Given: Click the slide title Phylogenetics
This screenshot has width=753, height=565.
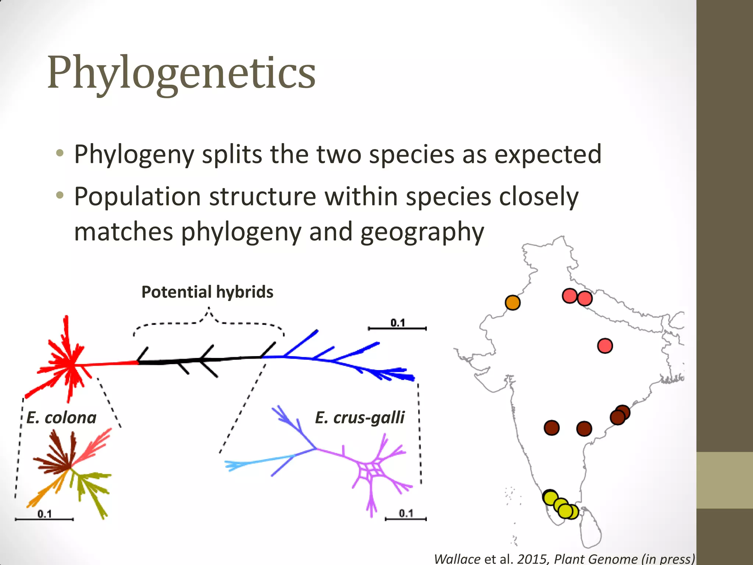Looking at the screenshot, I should point(181,72).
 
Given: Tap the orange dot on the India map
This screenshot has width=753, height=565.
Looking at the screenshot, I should point(513,302).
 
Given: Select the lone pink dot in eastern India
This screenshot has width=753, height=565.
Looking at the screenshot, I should point(605,346).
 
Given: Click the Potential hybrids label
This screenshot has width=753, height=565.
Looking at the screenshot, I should point(207,292).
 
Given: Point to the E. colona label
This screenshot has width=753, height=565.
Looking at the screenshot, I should point(61,418).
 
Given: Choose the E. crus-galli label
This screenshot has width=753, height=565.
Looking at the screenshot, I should point(360,418).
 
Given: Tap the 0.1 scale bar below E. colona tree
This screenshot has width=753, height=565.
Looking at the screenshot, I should point(44,516).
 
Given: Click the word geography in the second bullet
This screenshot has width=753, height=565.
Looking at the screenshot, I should point(422,232).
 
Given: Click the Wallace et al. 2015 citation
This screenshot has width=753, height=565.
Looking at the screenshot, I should point(564,558).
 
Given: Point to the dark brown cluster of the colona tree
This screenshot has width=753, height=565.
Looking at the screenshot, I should point(55,456).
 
